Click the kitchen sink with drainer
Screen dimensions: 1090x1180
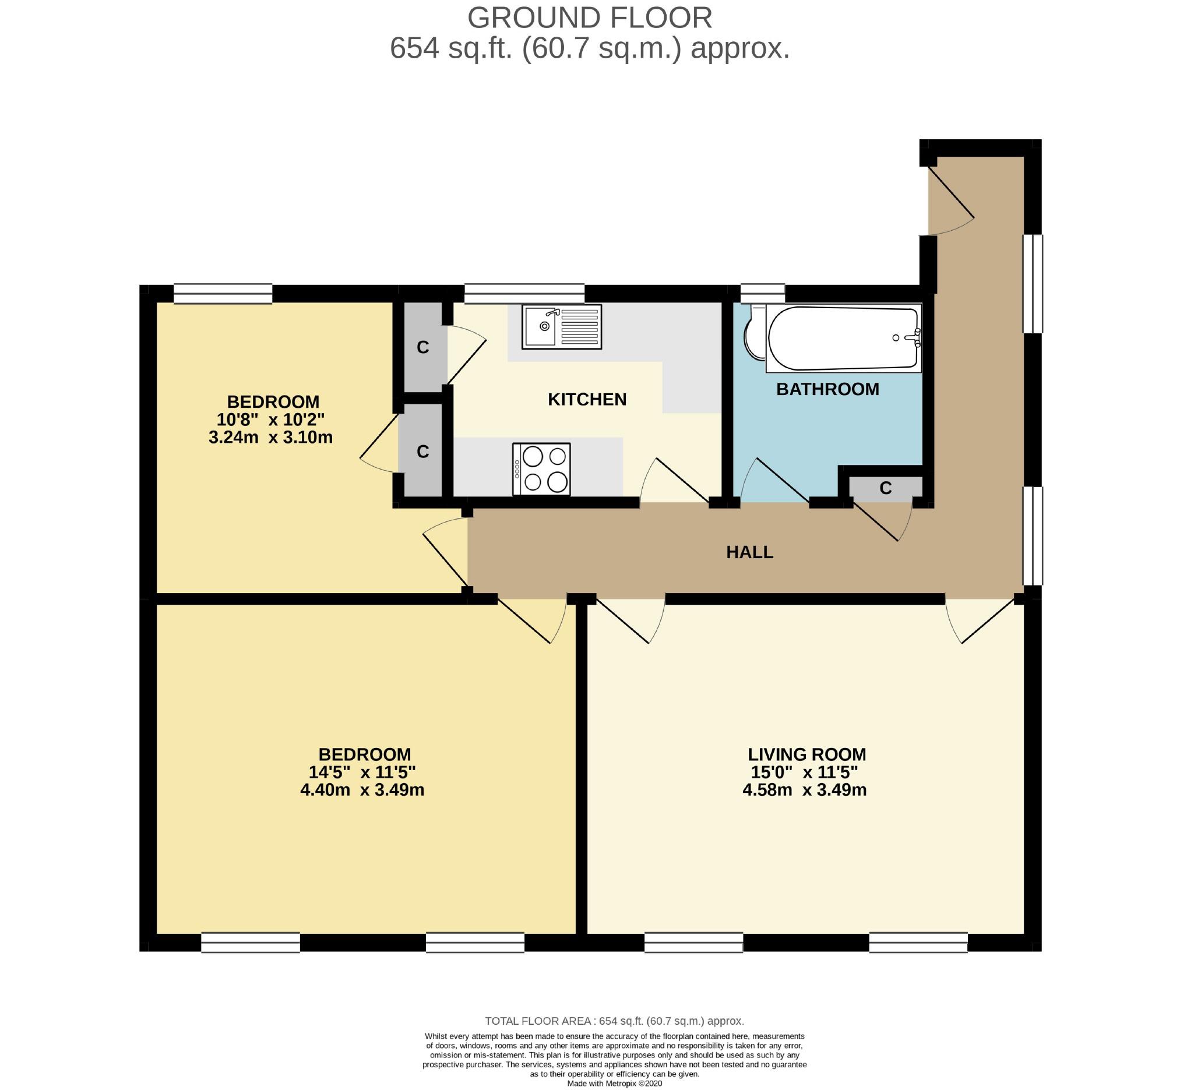[561, 326]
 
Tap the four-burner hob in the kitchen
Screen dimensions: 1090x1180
[541, 469]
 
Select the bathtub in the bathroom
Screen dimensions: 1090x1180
[843, 338]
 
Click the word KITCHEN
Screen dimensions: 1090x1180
[586, 399]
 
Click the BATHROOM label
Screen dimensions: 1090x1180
[827, 389]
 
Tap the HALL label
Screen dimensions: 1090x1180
[749, 552]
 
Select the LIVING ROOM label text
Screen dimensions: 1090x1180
[806, 754]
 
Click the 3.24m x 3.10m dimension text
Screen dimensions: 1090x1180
[270, 438]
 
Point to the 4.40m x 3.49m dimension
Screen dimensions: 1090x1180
[362, 790]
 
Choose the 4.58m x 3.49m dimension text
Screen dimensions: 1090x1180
[804, 790]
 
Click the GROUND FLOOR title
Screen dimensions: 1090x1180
[589, 17]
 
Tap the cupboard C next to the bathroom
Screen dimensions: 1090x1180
[885, 488]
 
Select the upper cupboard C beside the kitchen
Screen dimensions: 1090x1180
[422, 347]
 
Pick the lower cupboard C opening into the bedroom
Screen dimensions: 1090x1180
[422, 451]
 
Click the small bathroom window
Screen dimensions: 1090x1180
[762, 292]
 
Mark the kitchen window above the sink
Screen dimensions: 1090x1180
[524, 293]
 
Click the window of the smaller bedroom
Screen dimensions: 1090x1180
[223, 293]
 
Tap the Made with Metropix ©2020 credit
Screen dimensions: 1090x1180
[614, 1084]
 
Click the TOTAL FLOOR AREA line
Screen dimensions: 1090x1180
[614, 1021]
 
